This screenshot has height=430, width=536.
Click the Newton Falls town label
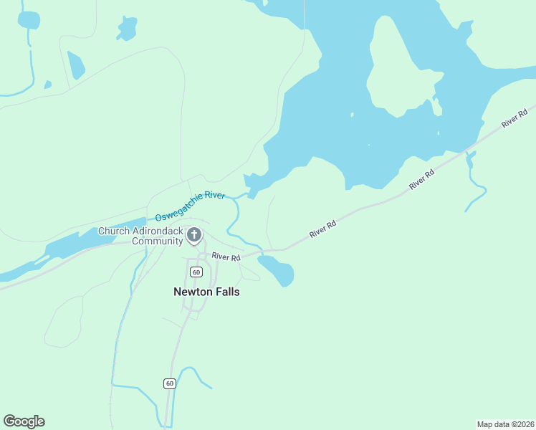point(206,292)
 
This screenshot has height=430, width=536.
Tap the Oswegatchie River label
point(190,206)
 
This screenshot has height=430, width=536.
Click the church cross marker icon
point(193,235)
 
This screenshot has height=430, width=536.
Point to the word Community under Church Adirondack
point(157,241)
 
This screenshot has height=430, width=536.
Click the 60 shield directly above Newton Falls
point(196,272)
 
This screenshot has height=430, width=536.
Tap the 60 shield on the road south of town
point(169,383)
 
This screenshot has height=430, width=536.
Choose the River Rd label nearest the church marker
point(226,257)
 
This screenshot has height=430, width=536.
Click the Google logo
point(24,421)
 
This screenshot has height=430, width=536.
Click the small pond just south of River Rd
point(278,271)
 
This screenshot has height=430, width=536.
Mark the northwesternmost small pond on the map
point(29,19)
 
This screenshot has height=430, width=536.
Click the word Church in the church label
point(113,231)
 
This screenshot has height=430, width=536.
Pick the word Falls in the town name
point(226,292)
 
